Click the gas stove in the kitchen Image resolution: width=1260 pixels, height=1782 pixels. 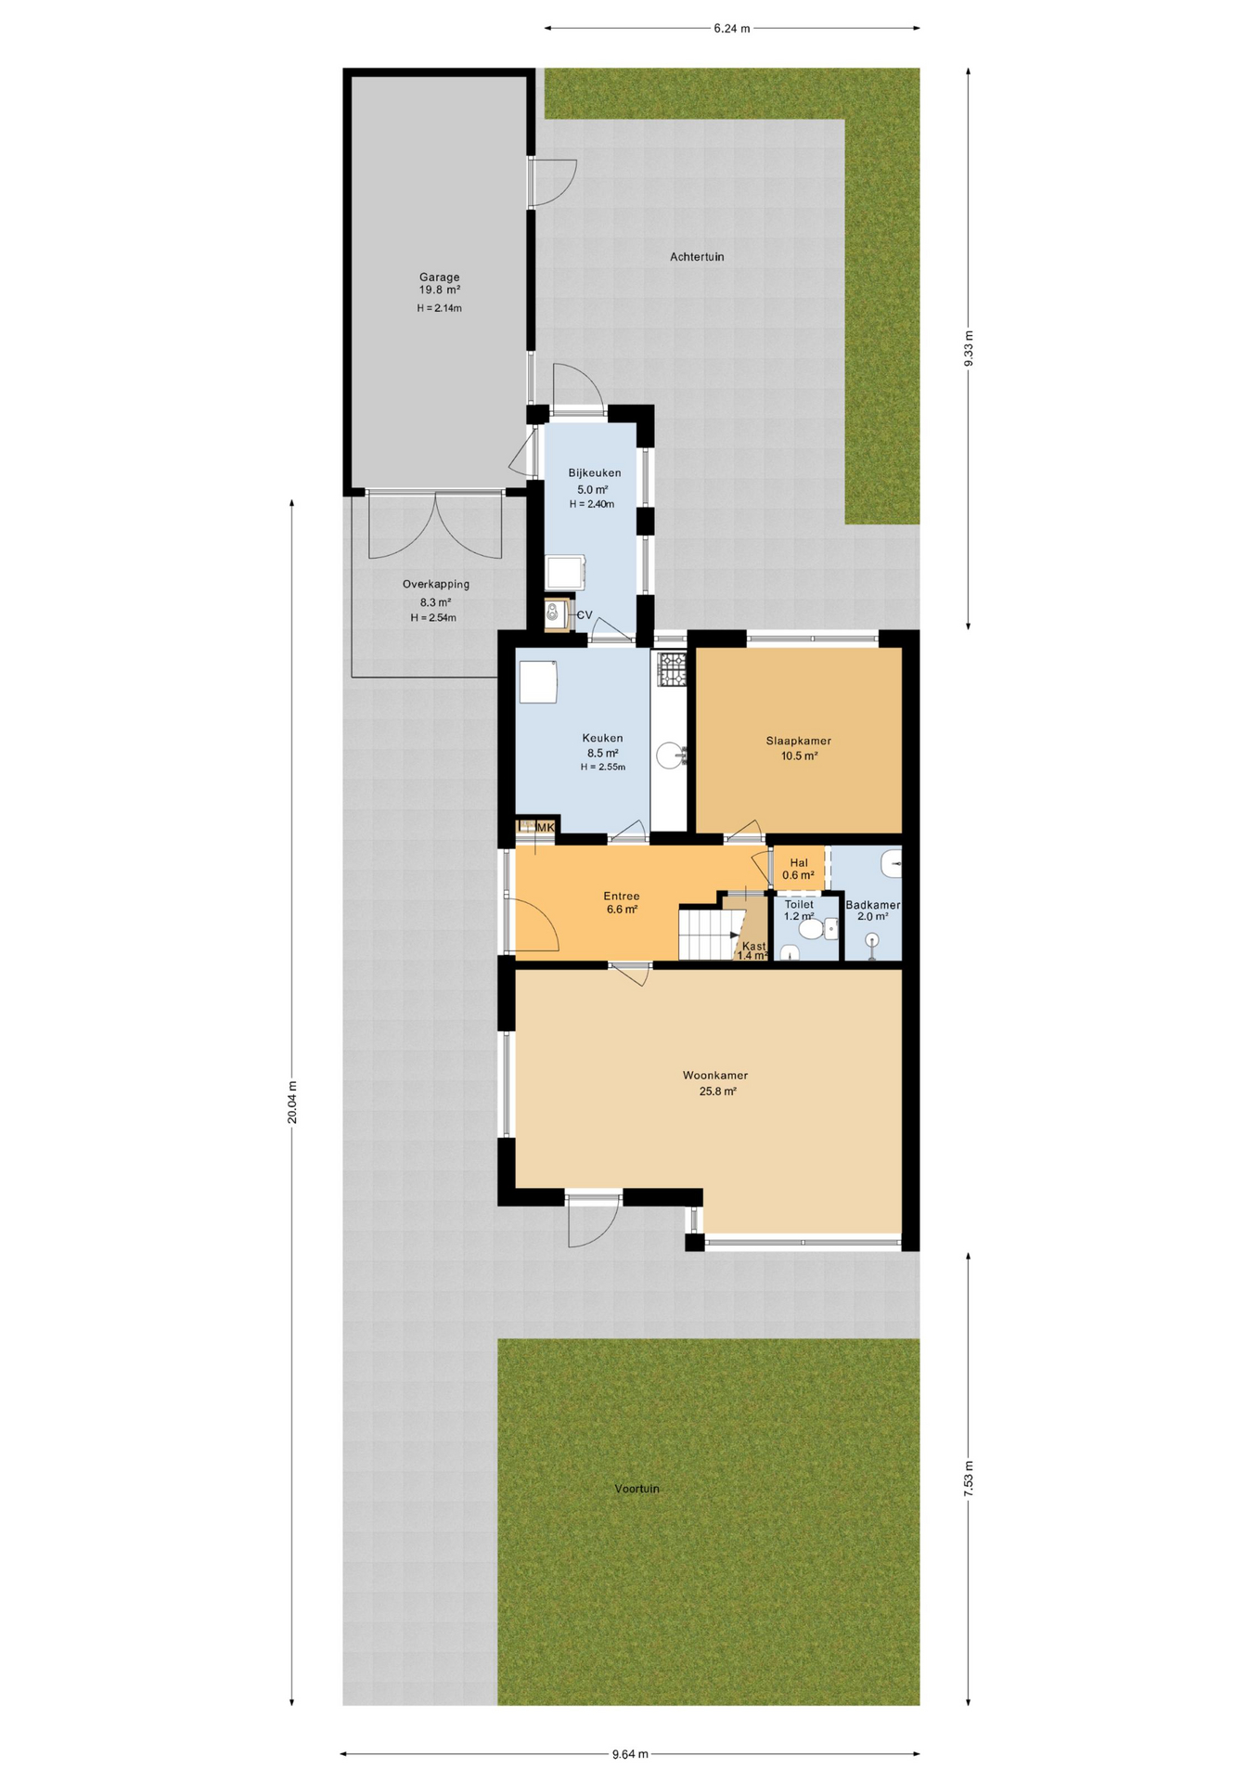tap(671, 669)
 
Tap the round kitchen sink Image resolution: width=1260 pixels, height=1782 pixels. tap(670, 755)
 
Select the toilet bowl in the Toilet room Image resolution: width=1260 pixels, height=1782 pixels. tap(810, 929)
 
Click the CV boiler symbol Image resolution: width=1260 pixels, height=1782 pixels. tap(555, 613)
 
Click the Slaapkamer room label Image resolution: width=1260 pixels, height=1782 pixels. tap(798, 741)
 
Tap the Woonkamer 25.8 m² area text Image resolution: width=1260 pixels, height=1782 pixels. tap(717, 1091)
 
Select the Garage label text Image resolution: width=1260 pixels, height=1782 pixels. tap(439, 277)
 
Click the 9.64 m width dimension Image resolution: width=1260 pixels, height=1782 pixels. tap(630, 1754)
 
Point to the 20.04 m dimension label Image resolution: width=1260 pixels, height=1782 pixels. tap(292, 1103)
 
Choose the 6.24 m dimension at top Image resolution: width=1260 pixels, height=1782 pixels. tap(731, 29)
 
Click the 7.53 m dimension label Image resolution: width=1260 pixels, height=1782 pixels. tap(969, 1478)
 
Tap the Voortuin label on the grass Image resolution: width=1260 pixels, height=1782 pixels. tap(636, 1489)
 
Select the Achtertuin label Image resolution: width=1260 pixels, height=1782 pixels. tap(697, 257)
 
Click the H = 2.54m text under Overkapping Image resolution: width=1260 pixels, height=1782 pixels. tap(433, 618)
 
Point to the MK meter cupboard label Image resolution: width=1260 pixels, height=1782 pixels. tap(546, 827)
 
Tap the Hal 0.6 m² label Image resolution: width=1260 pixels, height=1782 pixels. tap(798, 869)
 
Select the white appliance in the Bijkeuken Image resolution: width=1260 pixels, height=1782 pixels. tap(565, 572)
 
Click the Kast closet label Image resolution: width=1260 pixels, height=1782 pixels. tap(753, 947)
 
